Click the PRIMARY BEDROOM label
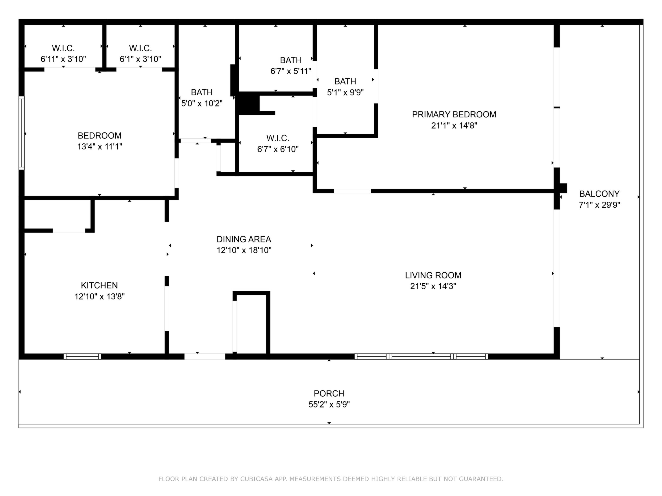(x=454, y=114)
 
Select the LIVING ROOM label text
(x=433, y=275)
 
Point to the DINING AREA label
(x=244, y=239)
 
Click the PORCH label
(x=329, y=393)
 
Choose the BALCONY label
(x=599, y=194)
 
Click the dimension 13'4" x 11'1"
(x=100, y=147)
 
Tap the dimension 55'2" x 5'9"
(x=329, y=405)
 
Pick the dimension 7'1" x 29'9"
(x=599, y=205)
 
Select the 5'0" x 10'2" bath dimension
(x=202, y=103)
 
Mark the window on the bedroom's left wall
(x=21, y=133)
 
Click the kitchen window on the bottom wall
(x=82, y=356)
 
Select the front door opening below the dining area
(x=205, y=356)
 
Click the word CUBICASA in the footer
(x=256, y=479)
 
